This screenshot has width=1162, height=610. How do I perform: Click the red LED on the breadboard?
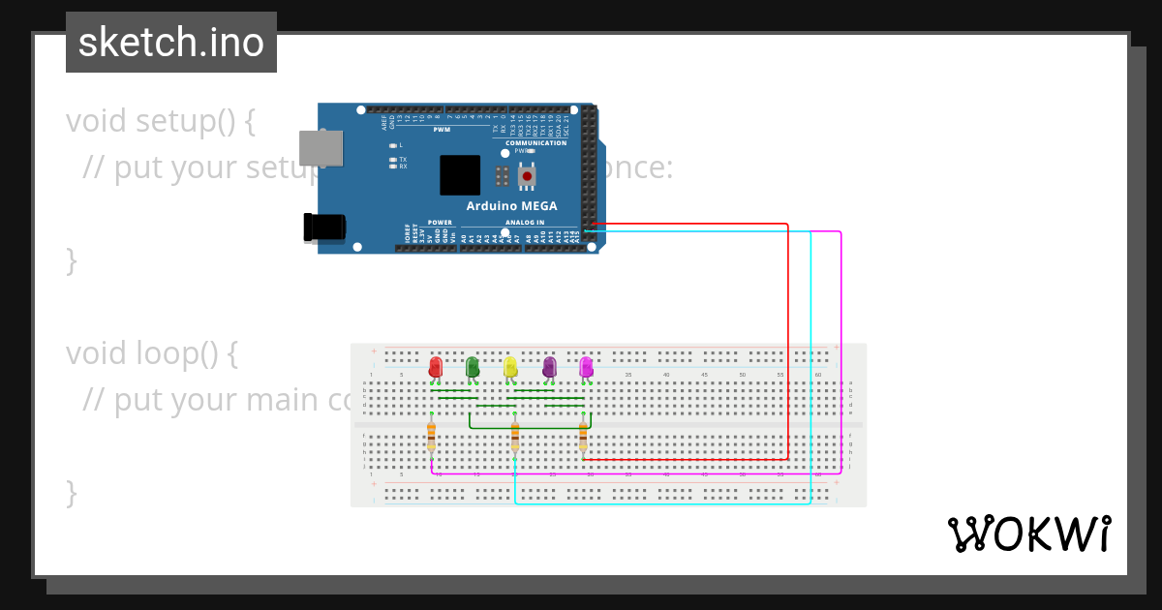pos(436,367)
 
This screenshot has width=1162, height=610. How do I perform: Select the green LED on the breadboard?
pos(473,367)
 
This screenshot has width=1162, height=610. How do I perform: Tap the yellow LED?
pos(510,367)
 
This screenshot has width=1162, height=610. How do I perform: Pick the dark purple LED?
pos(549,367)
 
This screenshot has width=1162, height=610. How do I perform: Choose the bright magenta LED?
pos(586,367)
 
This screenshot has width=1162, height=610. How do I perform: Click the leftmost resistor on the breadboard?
pos(431,437)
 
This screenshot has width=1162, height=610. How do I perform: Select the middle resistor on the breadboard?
pos(515,437)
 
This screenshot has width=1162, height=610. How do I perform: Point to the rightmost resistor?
pos(583,437)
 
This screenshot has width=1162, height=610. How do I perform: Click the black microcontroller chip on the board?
pos(460,175)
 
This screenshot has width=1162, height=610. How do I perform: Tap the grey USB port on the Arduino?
pos(321,148)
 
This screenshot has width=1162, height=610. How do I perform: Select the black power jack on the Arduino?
pos(324,227)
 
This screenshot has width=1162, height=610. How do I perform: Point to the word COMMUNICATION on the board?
pos(535,143)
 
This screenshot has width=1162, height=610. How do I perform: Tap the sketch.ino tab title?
pos(171,43)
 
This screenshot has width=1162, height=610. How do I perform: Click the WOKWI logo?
pos(1029,534)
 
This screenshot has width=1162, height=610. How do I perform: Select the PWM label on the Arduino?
pos(442,130)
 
